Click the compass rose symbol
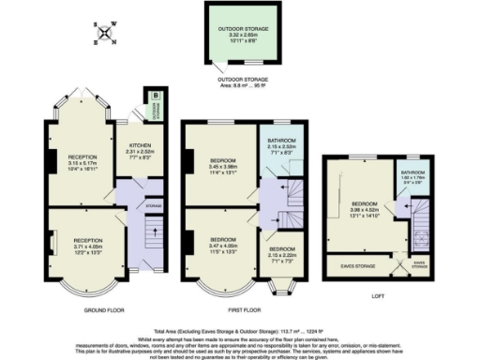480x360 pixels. point(106,35)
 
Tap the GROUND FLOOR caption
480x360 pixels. point(100,308)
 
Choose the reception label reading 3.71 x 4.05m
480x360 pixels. point(83,244)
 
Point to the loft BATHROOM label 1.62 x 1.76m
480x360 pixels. point(416,177)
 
